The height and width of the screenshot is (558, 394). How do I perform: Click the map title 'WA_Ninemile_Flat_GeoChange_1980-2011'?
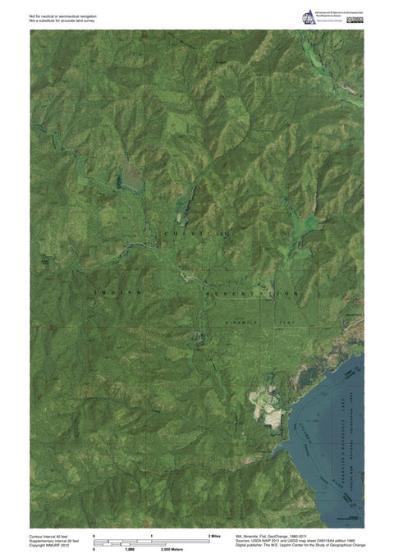(x=279, y=534)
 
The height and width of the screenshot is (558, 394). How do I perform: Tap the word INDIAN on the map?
(x=119, y=291)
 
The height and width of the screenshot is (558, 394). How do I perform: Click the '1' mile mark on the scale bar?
(x=151, y=535)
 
